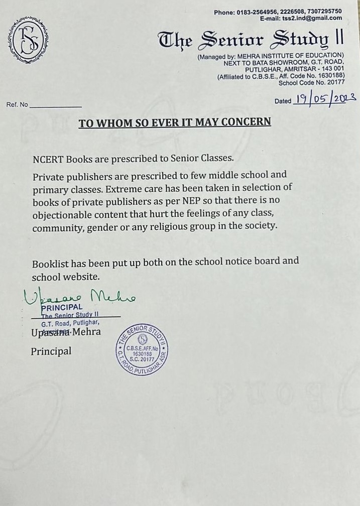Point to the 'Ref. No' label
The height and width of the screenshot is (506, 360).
[17, 105]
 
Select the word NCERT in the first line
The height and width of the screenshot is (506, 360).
[48, 158]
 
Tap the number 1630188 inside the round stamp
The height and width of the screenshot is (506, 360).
[142, 353]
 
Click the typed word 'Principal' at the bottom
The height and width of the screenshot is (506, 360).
[51, 351]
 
